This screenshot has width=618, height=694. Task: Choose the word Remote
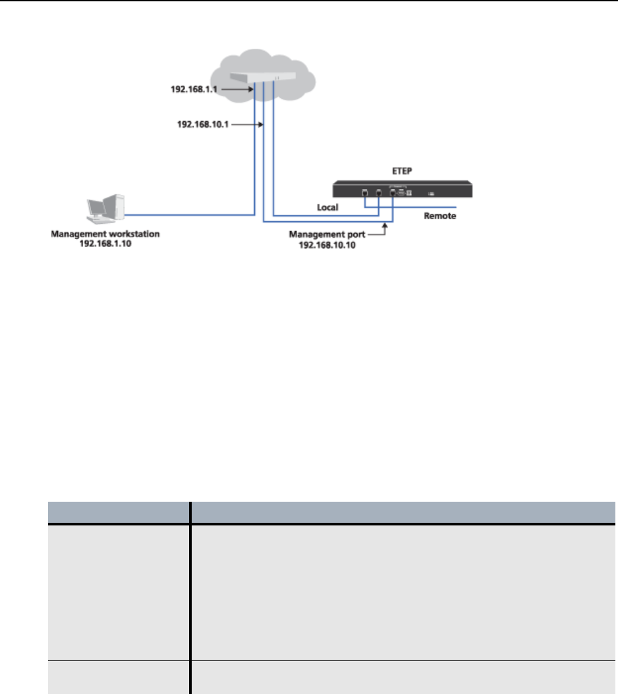tap(439, 216)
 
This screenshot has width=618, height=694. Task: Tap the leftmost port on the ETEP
tap(364, 193)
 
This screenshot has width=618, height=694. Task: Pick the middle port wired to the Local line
tap(379, 193)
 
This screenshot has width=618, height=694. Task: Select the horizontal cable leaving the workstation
tap(191, 214)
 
